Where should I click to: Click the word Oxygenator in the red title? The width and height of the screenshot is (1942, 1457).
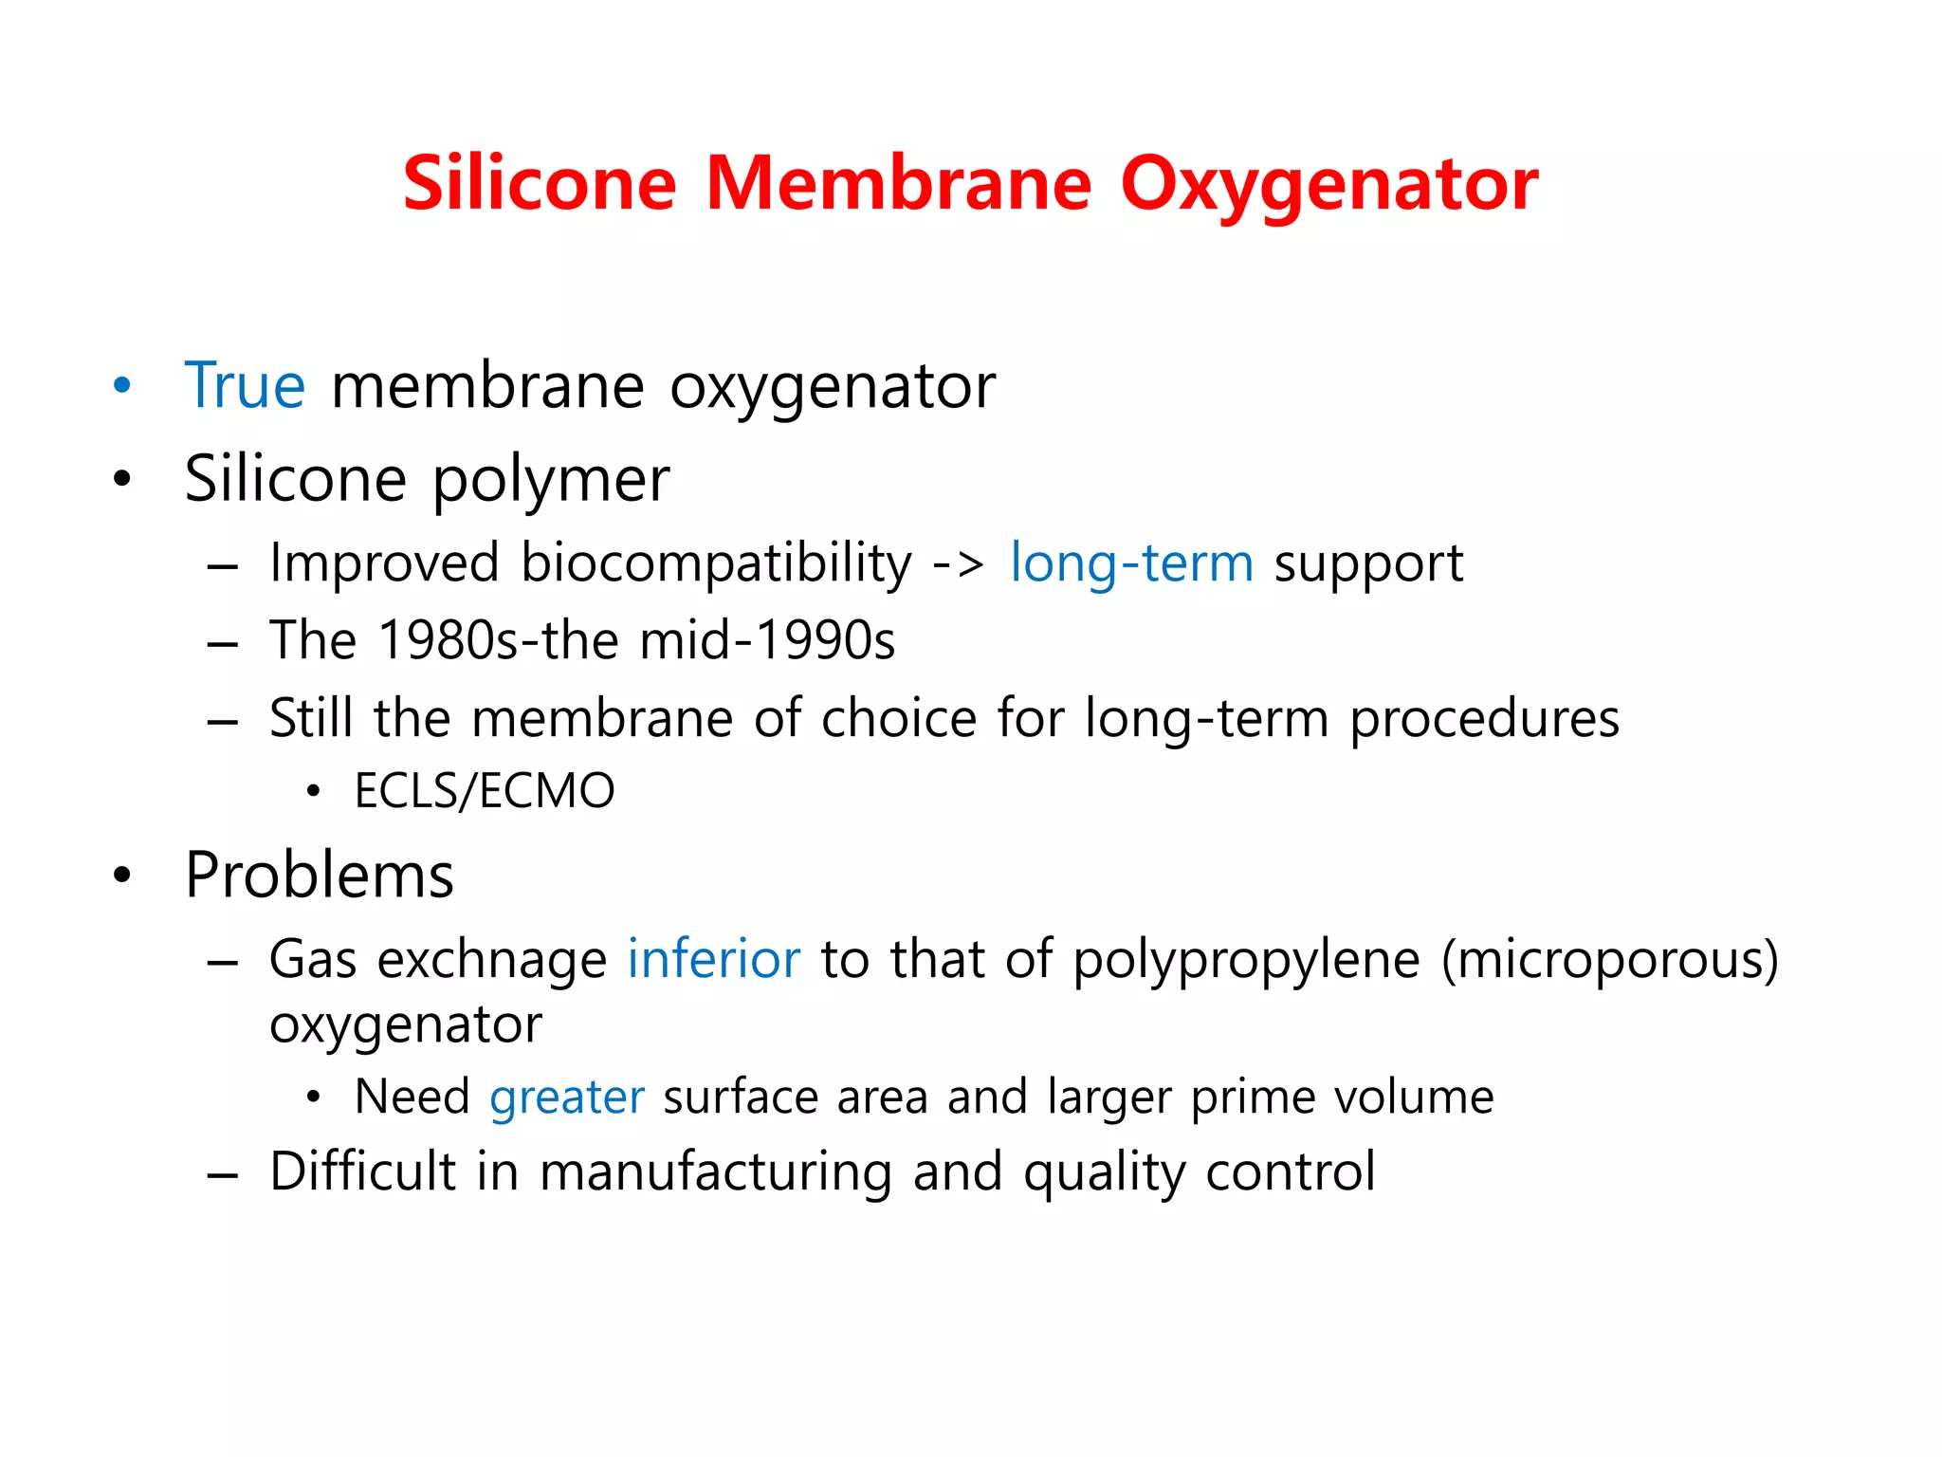click(x=1328, y=184)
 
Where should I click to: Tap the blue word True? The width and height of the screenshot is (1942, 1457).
click(x=245, y=386)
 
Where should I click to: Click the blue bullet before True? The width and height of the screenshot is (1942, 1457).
click(x=121, y=386)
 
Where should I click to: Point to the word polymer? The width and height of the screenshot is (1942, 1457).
click(x=551, y=480)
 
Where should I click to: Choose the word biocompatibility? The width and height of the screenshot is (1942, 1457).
click(x=716, y=563)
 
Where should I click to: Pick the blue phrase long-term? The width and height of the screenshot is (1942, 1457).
click(x=1131, y=563)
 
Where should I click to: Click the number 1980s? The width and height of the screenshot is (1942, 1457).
click(x=448, y=640)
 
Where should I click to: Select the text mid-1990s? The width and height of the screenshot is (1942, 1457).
click(x=767, y=640)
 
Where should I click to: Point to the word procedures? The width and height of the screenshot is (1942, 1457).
click(x=1484, y=719)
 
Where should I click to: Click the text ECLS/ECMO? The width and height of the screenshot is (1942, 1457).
click(x=485, y=791)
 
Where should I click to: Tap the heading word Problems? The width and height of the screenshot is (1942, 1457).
click(x=320, y=875)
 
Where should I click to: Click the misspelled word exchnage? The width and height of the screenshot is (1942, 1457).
click(x=492, y=960)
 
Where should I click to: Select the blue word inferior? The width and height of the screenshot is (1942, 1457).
click(x=714, y=959)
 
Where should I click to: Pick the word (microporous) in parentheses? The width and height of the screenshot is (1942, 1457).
click(x=1609, y=960)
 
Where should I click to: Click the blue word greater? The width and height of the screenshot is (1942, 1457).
click(x=567, y=1097)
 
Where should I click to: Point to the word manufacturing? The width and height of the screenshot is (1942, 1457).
click(x=716, y=1172)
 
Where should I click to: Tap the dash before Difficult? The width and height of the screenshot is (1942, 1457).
click(x=222, y=1175)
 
